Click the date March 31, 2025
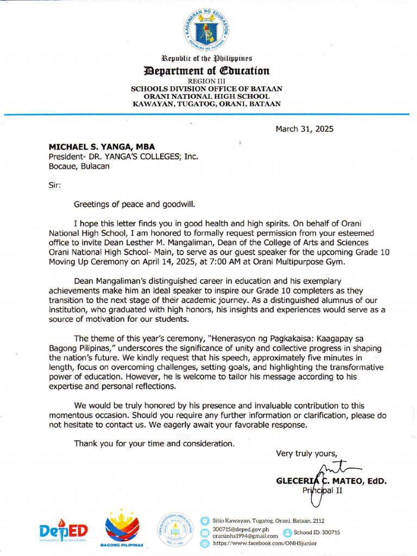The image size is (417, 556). coord(304,129)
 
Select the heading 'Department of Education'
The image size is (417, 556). coord(206,71)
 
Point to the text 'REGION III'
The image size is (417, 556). coord(206,81)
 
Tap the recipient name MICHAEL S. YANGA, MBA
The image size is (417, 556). coord(102,147)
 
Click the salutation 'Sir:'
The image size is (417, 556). coord(55,185)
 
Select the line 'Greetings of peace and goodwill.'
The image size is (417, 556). coord(134,204)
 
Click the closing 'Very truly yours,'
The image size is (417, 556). coord(307,453)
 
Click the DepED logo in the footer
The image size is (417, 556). coord(63,532)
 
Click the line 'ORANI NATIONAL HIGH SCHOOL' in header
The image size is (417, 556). coord(206,96)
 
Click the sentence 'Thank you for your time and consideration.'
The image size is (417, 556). coord(155,444)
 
